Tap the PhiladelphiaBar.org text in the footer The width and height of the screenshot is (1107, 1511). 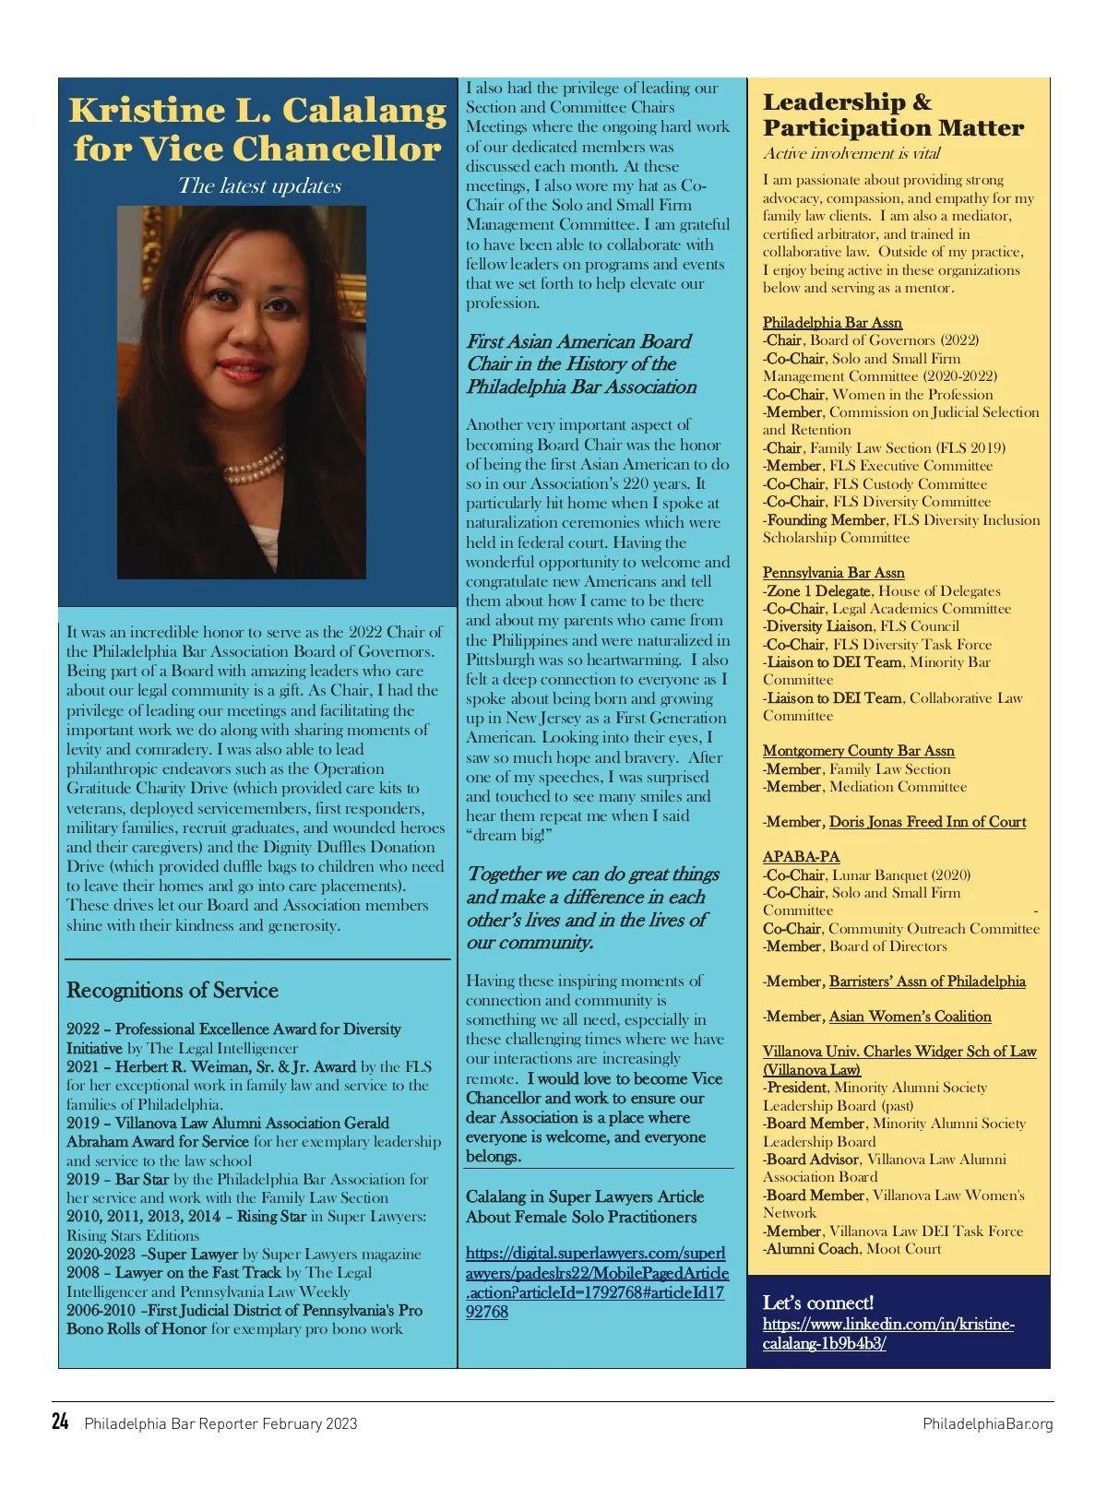pyautogui.click(x=987, y=1423)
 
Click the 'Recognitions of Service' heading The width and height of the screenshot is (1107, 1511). pyautogui.click(x=173, y=990)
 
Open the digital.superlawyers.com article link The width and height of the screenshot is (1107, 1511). pyautogui.click(x=596, y=1282)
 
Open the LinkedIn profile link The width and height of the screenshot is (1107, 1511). pyautogui.click(x=887, y=1334)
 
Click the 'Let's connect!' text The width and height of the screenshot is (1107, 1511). pyautogui.click(x=817, y=1303)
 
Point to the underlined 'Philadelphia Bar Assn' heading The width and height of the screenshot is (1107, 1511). pyautogui.click(x=832, y=323)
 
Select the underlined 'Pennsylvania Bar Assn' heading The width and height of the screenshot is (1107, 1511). pyautogui.click(x=833, y=573)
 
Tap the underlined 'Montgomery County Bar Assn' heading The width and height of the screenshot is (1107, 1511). pyautogui.click(x=858, y=751)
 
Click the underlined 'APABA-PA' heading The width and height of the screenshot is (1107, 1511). pyautogui.click(x=801, y=857)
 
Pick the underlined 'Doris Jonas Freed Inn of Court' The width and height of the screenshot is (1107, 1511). pyautogui.click(x=927, y=822)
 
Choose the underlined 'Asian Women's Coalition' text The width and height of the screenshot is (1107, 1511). pyautogui.click(x=910, y=1017)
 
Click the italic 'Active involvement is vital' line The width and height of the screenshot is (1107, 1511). pyautogui.click(x=851, y=154)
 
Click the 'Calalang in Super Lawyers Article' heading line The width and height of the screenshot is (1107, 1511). pyautogui.click(x=585, y=1196)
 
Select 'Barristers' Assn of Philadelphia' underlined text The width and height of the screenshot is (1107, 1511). pyautogui.click(x=927, y=982)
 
